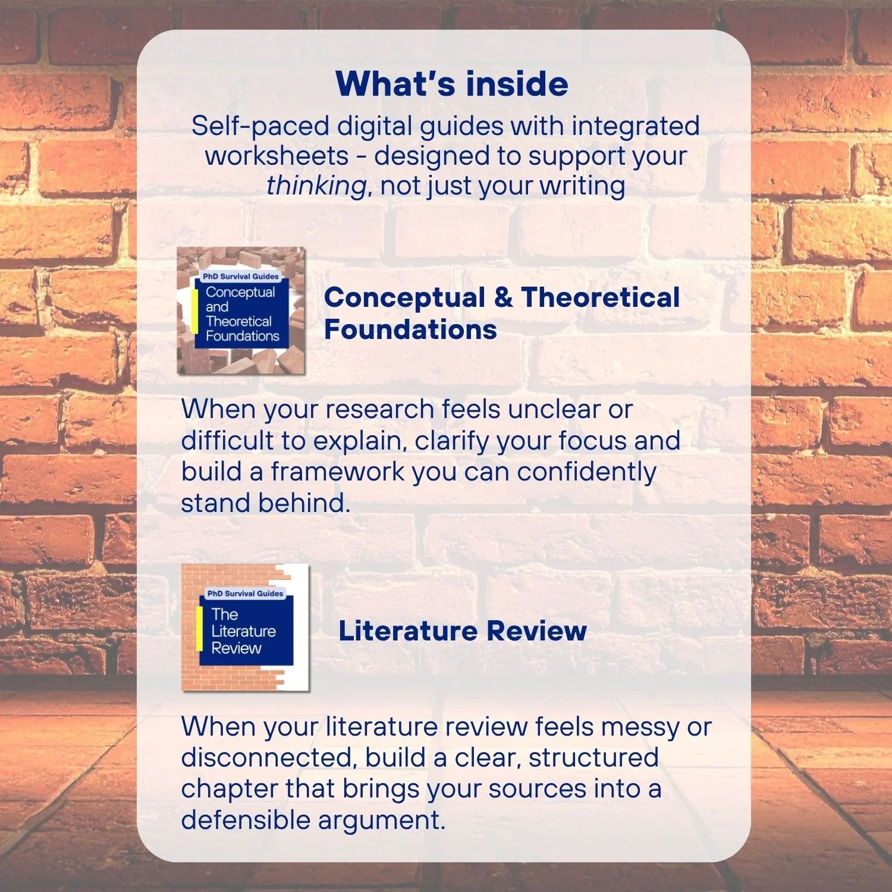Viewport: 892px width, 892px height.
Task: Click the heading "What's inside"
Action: coord(452,84)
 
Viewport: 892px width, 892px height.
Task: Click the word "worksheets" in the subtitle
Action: coord(277,156)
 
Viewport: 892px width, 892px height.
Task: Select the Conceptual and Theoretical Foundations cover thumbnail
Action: coord(241,310)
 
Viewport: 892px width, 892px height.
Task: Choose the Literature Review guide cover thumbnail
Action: coord(245,628)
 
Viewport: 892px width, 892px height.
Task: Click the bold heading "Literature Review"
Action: coord(463,631)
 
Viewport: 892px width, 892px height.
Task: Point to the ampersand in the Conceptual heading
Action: coord(503,297)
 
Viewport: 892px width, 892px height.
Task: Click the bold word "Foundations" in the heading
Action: coord(410,329)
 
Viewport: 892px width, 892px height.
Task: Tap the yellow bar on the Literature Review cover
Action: coord(199,629)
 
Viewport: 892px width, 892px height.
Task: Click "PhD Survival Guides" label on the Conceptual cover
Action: coord(240,277)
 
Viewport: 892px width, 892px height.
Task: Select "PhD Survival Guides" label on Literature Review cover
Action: coord(245,593)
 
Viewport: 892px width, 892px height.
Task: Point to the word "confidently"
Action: coord(586,472)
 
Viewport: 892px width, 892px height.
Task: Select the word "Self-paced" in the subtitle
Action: coord(260,127)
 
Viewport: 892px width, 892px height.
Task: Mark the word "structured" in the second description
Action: coord(593,758)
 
